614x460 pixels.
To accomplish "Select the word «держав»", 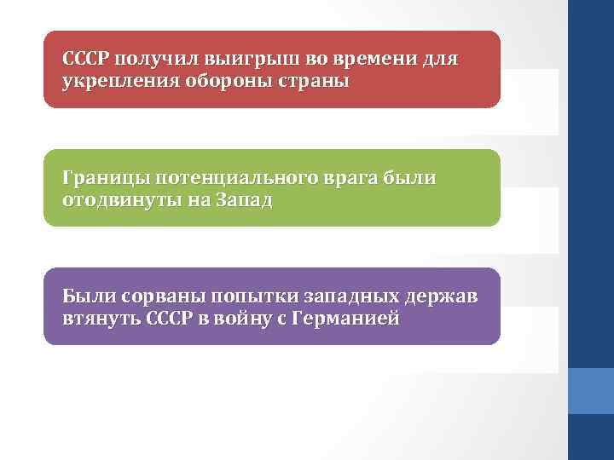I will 449,297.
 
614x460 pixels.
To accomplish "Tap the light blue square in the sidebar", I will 591,390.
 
